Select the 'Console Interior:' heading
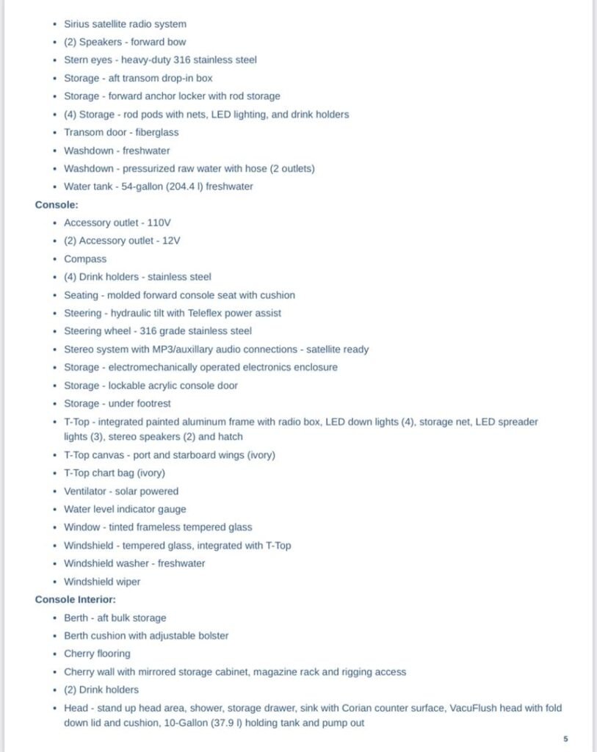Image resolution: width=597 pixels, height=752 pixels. pos(74,600)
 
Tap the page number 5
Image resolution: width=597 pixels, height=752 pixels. pos(565,739)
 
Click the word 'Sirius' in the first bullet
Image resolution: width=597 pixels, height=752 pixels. pos(76,24)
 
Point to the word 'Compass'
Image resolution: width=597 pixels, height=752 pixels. pos(85,259)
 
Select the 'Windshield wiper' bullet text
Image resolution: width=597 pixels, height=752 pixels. pos(102,582)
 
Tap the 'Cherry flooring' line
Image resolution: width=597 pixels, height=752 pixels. pos(97,654)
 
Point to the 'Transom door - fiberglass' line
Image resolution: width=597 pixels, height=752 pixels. pos(121,132)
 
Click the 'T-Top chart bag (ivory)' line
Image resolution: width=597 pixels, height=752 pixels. pos(115,473)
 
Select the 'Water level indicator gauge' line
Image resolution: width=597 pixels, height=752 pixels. pos(125,509)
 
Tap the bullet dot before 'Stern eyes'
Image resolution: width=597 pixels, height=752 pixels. pos(54,60)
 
